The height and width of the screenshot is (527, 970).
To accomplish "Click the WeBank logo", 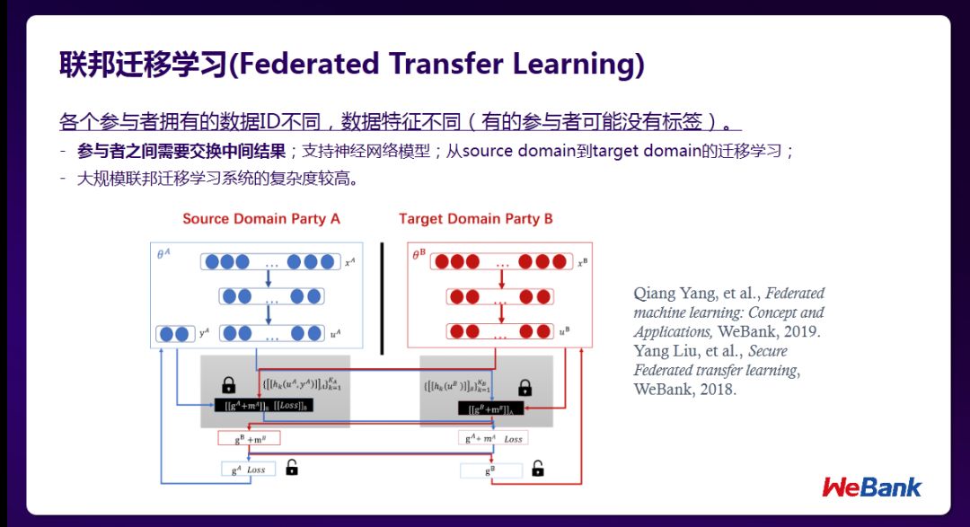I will (871, 487).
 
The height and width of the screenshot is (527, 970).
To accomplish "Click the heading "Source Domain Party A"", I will (261, 219).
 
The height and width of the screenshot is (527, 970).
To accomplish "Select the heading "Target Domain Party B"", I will (476, 219).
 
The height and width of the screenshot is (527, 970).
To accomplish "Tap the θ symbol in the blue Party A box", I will (163, 255).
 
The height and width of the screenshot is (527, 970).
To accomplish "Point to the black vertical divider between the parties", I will (382, 297).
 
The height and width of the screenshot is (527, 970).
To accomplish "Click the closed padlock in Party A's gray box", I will (228, 385).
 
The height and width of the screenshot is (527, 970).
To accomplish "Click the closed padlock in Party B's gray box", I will (525, 388).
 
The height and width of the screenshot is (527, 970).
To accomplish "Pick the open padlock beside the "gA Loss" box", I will (291, 467).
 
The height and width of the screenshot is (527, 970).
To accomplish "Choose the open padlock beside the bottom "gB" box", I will (537, 468).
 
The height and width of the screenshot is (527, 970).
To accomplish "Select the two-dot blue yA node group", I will (175, 334).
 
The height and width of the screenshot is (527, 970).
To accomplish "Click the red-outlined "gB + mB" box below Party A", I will (249, 438).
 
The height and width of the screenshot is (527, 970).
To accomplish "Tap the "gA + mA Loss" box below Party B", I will (493, 438).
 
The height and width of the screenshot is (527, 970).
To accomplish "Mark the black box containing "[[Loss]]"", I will (269, 405).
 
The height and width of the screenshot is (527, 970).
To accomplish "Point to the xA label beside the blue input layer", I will (351, 262).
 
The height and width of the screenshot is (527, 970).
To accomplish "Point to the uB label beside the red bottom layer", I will (564, 332).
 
